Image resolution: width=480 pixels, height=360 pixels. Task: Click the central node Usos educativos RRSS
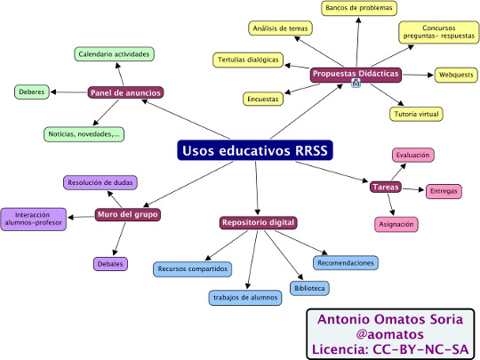(x=255, y=150)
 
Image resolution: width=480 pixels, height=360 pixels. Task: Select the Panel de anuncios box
(x=125, y=92)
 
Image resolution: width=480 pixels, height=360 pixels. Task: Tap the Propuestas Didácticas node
(x=356, y=75)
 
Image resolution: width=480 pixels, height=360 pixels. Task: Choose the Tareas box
(x=386, y=187)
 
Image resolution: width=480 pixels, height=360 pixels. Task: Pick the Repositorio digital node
(x=258, y=222)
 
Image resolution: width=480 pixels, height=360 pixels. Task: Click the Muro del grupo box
(x=128, y=214)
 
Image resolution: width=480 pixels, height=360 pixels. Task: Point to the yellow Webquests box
(x=456, y=75)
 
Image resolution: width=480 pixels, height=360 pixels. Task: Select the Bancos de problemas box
(x=359, y=8)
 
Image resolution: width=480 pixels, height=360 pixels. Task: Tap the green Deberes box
(x=32, y=92)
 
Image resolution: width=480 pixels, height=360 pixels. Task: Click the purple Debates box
(x=110, y=264)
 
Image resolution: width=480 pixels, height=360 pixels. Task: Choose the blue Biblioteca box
(x=309, y=288)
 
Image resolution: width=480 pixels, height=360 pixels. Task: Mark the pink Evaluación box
(x=413, y=156)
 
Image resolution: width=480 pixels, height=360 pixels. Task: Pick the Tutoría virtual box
(x=416, y=114)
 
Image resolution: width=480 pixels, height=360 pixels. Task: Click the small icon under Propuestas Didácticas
(x=356, y=83)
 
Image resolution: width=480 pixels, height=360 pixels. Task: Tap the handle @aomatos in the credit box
(x=390, y=334)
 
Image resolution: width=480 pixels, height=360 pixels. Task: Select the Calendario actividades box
(x=114, y=54)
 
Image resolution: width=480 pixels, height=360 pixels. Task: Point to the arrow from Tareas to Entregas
(x=413, y=189)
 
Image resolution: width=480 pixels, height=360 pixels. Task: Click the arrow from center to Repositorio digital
(x=257, y=188)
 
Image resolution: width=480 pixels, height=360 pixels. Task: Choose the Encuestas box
(x=263, y=100)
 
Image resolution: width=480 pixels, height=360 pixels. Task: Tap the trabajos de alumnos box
(x=245, y=298)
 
